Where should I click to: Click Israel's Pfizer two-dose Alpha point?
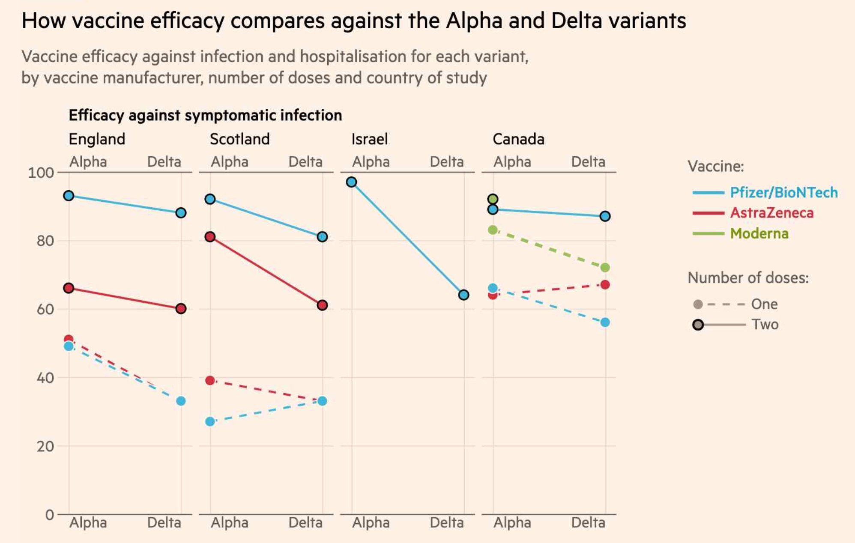351,182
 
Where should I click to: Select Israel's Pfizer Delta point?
463,295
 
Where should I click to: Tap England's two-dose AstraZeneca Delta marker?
181,309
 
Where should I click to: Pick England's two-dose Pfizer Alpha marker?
69,196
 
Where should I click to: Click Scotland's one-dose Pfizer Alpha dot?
210,422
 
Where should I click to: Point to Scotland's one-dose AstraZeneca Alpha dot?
210,380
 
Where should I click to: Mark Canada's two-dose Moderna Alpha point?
493,199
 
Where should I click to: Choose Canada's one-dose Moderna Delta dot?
605,268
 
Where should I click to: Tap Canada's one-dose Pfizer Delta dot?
605,322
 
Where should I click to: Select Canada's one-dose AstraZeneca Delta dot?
605,285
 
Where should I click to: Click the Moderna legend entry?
759,233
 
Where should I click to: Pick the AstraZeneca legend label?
771,213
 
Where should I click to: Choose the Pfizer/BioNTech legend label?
783,192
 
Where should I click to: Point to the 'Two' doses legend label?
765,325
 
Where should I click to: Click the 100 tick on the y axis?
41,173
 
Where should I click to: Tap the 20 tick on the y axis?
45,446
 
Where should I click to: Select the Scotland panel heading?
240,139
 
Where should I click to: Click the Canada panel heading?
518,139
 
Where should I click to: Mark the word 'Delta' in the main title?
577,21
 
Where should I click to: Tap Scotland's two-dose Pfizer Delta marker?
322,237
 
